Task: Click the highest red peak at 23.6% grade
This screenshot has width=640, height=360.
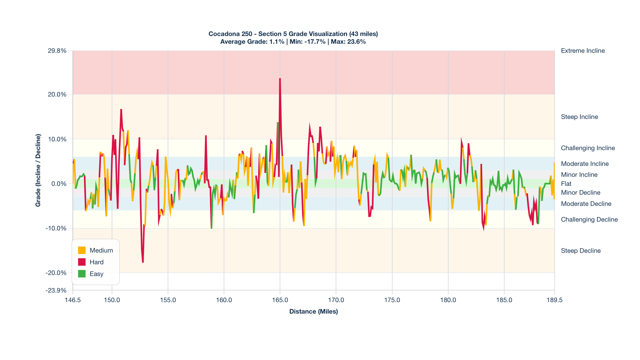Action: coord(280,79)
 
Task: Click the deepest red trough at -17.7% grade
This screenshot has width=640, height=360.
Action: coord(143,262)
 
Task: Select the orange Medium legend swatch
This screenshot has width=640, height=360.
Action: coord(82,250)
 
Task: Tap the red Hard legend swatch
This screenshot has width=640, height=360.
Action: coord(82,262)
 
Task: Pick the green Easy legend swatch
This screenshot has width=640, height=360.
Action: coord(82,274)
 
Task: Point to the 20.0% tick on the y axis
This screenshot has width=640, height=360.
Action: coord(57,95)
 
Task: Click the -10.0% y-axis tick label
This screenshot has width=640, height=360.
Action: coord(56,228)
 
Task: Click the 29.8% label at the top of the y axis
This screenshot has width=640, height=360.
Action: coord(57,51)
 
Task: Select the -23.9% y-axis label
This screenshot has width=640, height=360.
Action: coord(56,290)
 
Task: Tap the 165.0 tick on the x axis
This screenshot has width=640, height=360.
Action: coord(280,300)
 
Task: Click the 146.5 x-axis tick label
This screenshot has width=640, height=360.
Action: coord(73,300)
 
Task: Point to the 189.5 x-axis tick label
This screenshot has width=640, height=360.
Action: coord(554,300)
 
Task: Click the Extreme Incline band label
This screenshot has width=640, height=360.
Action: coord(583,51)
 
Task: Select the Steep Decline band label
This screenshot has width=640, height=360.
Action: coord(581,251)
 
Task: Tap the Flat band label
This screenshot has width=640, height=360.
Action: coord(566,184)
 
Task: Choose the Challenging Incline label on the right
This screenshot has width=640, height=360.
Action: coord(588,148)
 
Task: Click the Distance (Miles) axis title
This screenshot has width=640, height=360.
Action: coord(314,311)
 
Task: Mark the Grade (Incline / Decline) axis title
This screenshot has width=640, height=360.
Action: coord(38,170)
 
